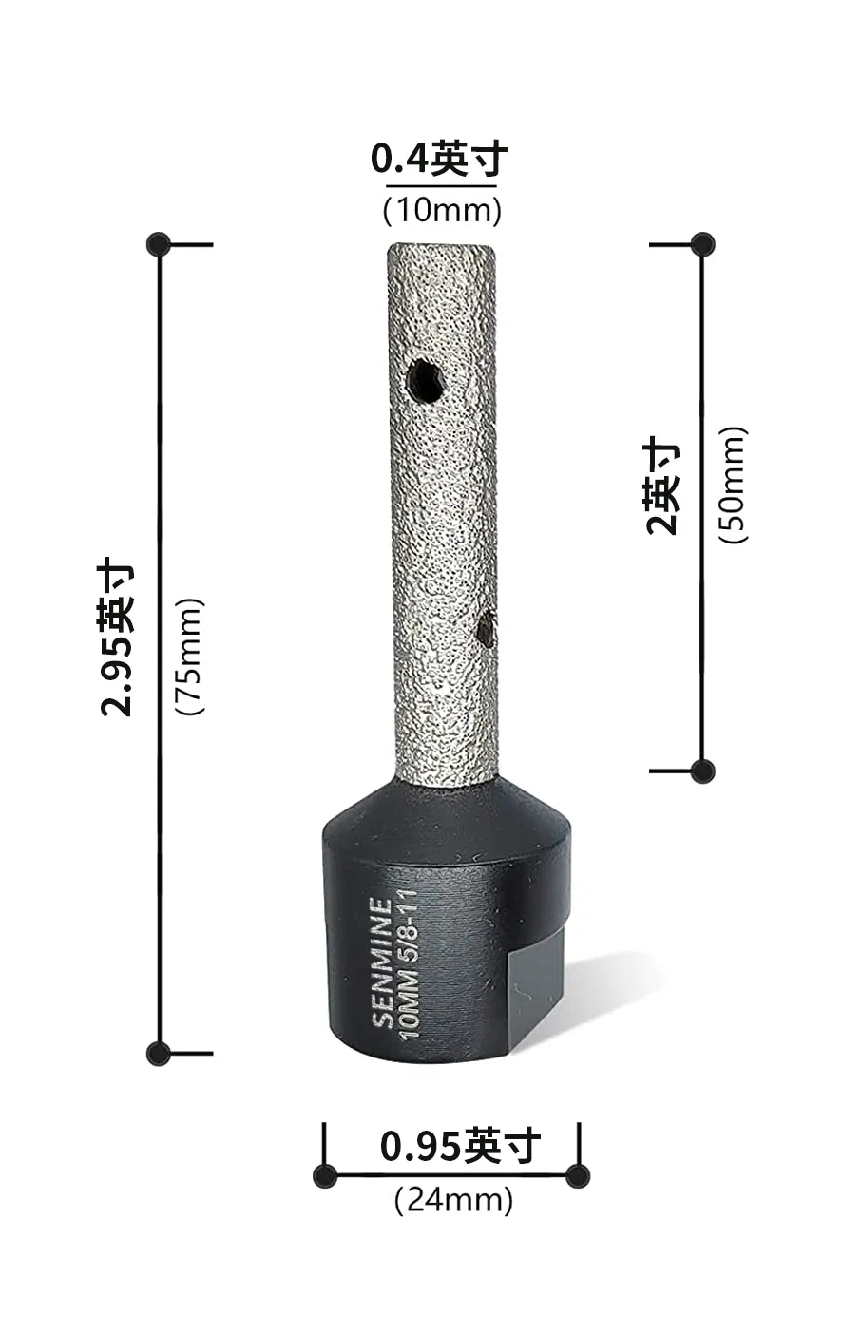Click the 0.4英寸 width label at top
[439, 160]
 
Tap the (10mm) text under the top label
[442, 210]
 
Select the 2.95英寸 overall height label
[118, 638]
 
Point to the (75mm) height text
[190, 656]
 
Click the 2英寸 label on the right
[662, 486]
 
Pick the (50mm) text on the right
[733, 485]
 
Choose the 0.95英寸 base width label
[460, 1146]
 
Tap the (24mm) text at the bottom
[453, 1200]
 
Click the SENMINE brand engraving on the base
[381, 962]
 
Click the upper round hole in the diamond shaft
[424, 383]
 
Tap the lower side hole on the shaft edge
[487, 629]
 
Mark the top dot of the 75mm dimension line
[159, 244]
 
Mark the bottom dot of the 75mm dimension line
[159, 1053]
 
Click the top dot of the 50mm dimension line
[702, 244]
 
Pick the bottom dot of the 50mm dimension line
[702, 771]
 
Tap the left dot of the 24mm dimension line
[325, 1175]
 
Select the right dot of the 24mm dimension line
[577, 1175]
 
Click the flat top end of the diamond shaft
[441, 247]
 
